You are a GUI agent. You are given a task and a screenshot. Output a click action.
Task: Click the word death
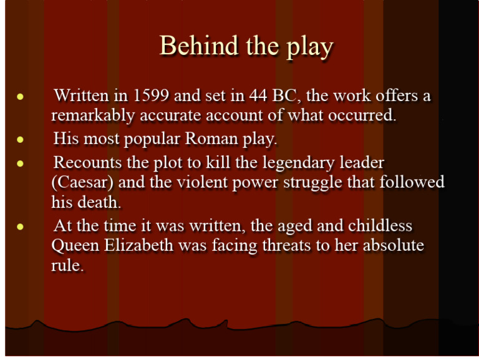click(101, 202)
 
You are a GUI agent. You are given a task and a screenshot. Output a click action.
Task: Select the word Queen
click(76, 246)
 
